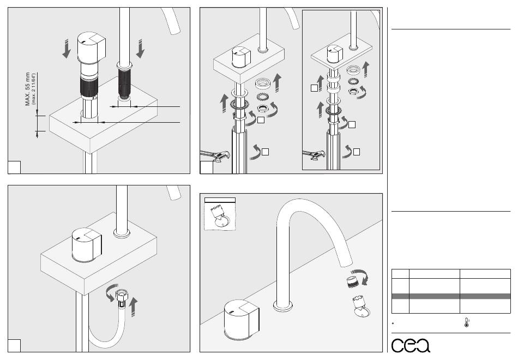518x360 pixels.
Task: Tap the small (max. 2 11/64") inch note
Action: [34, 87]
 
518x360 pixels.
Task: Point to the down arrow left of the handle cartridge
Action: [67, 51]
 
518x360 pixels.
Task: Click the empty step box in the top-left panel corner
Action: [14, 167]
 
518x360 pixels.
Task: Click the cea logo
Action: [411, 345]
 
